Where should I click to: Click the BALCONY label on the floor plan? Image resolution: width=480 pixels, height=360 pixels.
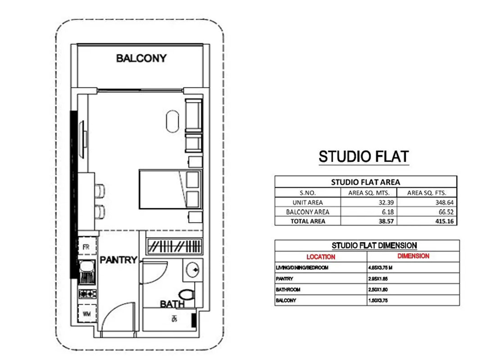141,58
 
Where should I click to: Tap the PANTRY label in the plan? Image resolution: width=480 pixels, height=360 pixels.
118,260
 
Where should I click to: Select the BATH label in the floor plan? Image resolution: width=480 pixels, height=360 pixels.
172,305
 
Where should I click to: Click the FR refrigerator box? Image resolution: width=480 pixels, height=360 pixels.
86,247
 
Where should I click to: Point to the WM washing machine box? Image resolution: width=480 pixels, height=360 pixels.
86,314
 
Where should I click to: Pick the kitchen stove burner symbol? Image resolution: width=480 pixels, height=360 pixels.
87,294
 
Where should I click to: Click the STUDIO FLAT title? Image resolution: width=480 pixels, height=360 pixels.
364,157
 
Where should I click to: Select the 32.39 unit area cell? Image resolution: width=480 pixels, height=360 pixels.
370,202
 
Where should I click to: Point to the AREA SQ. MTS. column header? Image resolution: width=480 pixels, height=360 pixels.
369,193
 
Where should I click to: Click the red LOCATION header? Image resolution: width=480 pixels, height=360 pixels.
321,257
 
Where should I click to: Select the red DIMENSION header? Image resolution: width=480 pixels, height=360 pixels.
413,256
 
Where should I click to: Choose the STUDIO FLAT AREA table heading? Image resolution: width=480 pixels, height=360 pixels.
366,182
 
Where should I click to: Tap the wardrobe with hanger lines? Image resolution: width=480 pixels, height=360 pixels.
175,247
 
